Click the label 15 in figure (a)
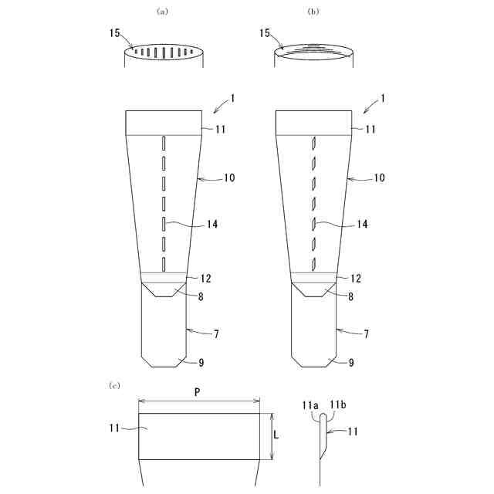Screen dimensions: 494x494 pos(115,33)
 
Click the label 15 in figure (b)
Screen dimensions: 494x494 pos(265,33)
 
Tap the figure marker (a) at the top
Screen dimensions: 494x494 pos(163,12)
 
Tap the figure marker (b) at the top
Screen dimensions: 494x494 pos(313,12)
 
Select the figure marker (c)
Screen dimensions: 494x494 pos(114,385)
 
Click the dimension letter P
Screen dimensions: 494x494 pos(198,392)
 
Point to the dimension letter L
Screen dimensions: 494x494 pos(276,435)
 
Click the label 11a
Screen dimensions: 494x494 pos(310,404)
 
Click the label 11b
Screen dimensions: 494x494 pos(338,404)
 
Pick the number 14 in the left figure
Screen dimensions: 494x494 pos(212,224)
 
